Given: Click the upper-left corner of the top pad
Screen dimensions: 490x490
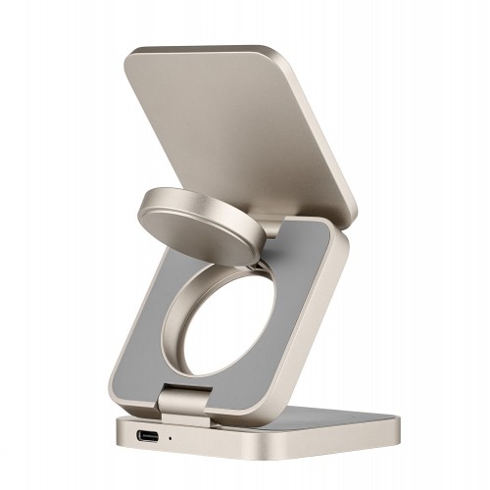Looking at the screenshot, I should (x=133, y=54).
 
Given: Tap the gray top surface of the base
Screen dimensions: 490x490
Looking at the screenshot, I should (x=323, y=416).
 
